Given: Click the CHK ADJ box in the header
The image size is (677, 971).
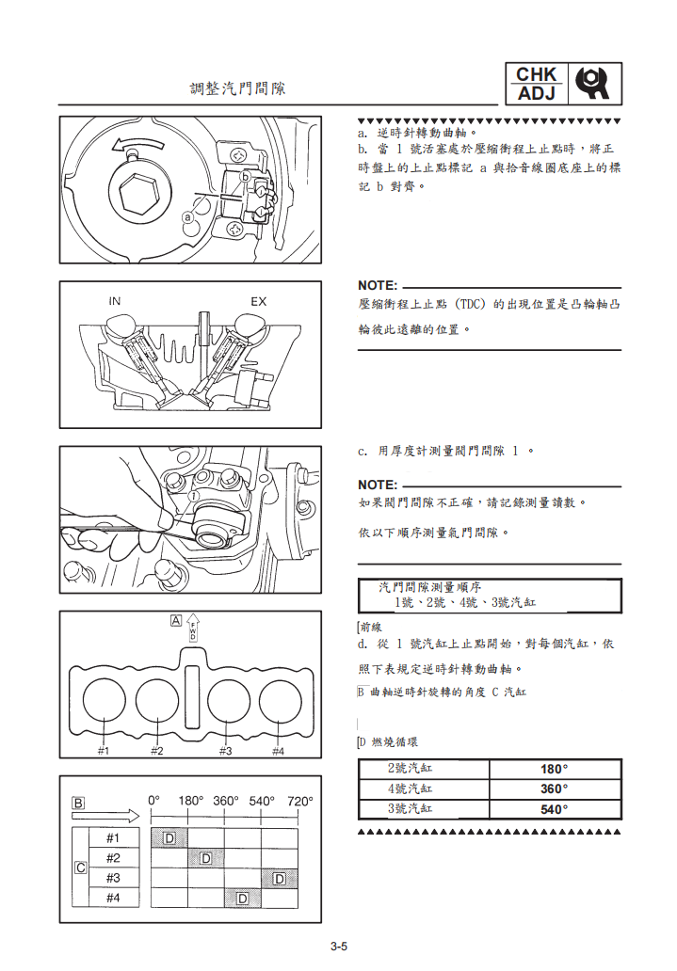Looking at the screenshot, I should click(537, 84).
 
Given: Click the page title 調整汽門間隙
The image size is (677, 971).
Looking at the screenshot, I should click(237, 89).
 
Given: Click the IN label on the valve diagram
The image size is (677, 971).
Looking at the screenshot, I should click(114, 301).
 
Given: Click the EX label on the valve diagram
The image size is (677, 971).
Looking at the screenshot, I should click(258, 301).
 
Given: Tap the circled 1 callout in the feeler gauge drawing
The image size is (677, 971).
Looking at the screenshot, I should click(192, 495).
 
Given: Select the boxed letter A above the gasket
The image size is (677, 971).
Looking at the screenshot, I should click(176, 620).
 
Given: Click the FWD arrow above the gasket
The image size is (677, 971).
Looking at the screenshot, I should click(193, 629).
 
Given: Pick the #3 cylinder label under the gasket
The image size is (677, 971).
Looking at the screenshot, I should click(226, 750).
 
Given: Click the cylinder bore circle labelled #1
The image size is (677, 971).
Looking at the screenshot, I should click(104, 698).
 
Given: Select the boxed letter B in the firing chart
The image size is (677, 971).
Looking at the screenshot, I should click(79, 804).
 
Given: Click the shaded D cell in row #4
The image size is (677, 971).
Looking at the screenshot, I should click(242, 898).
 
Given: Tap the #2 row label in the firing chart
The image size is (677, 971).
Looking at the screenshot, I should click(113, 858).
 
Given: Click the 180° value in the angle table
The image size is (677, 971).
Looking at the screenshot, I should click(555, 769).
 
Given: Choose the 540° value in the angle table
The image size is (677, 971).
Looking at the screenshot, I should click(555, 809).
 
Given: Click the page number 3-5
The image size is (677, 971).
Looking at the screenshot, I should click(339, 947).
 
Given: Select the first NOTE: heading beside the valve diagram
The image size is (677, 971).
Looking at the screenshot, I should click(378, 285).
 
